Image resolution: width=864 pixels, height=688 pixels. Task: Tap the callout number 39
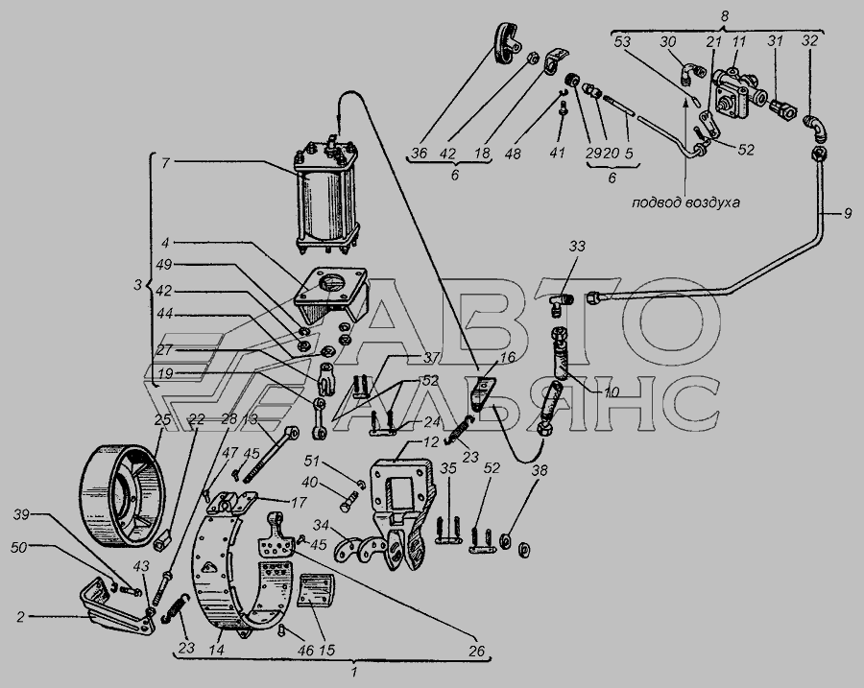[21, 514]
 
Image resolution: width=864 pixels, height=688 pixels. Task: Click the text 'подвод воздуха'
[685, 202]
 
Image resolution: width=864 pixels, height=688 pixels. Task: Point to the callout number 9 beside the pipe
[847, 213]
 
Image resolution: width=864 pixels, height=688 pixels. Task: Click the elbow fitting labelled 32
[817, 129]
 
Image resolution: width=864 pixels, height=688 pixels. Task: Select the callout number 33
[578, 246]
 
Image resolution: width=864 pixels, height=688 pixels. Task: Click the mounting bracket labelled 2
[117, 607]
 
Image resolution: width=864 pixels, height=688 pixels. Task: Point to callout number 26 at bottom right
[476, 652]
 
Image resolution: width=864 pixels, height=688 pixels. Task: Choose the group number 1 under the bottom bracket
[354, 672]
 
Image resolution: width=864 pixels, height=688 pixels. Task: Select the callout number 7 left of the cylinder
[165, 163]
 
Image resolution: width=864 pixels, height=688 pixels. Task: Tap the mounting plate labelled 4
[330, 297]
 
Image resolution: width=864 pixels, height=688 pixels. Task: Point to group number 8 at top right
[724, 16]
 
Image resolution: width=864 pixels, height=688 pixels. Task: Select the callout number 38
[540, 471]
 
